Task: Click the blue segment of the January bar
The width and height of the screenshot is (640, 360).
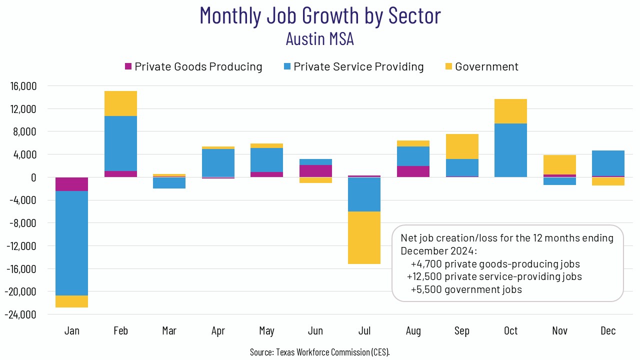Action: click(x=72, y=243)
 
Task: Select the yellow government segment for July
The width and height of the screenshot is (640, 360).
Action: click(x=364, y=237)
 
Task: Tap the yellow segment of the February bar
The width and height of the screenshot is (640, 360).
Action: click(x=120, y=103)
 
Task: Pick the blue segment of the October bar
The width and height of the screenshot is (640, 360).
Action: click(x=511, y=150)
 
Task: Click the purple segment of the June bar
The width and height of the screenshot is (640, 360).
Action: click(x=315, y=171)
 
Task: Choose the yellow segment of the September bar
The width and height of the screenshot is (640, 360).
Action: click(x=462, y=146)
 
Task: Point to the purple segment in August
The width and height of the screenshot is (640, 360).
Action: click(x=413, y=171)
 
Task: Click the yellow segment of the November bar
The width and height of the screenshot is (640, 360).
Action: click(x=559, y=164)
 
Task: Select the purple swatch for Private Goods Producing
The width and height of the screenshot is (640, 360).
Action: click(x=128, y=66)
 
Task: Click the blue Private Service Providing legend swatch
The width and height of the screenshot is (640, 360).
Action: click(x=287, y=66)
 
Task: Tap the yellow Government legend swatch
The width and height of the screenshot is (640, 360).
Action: click(x=448, y=66)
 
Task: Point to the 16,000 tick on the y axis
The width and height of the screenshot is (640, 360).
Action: click(x=23, y=86)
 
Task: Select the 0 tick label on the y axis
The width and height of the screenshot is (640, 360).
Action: click(x=33, y=177)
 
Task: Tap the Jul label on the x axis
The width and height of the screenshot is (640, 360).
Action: click(x=364, y=331)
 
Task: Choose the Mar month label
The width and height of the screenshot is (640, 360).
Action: click(x=169, y=331)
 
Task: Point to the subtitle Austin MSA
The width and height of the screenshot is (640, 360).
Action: click(x=320, y=38)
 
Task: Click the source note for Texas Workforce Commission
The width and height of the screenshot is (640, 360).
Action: click(x=320, y=352)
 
